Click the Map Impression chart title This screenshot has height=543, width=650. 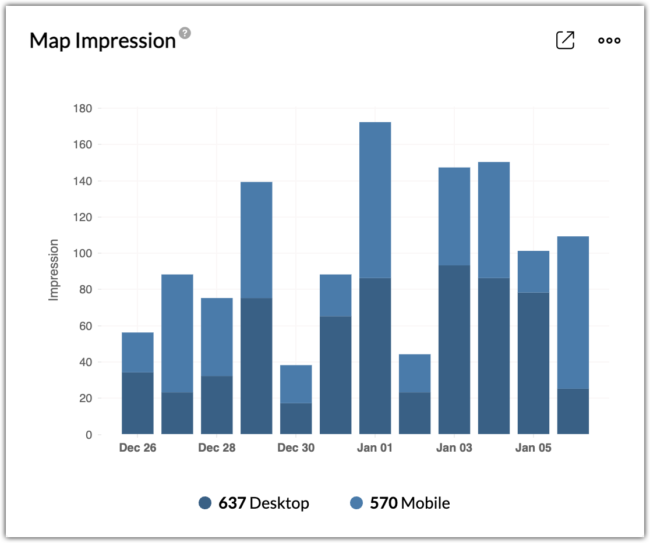coord(103,41)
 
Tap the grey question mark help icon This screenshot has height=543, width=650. coord(185,33)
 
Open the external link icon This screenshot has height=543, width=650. coord(565,40)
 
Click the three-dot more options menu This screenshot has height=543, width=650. coord(609,40)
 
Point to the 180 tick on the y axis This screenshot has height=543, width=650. coord(83,108)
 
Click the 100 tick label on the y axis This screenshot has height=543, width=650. coord(83,253)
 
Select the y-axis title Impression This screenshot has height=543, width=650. coord(54,269)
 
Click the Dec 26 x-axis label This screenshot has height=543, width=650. coord(137,448)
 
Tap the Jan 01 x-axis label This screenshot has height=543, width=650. coord(375,448)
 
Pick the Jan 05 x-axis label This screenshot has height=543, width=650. coord(534,448)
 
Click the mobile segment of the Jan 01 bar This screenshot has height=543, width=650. coord(375,200)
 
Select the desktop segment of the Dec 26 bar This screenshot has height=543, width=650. coord(137,403)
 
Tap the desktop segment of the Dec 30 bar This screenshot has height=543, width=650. coord(296,418)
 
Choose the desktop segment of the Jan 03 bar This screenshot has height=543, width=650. coord(454,349)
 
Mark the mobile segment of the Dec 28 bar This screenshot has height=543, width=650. coord(217,337)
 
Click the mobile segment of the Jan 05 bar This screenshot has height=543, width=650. coord(534,271)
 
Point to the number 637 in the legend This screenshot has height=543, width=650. coord(232,503)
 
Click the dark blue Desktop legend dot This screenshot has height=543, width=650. coord(205,503)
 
